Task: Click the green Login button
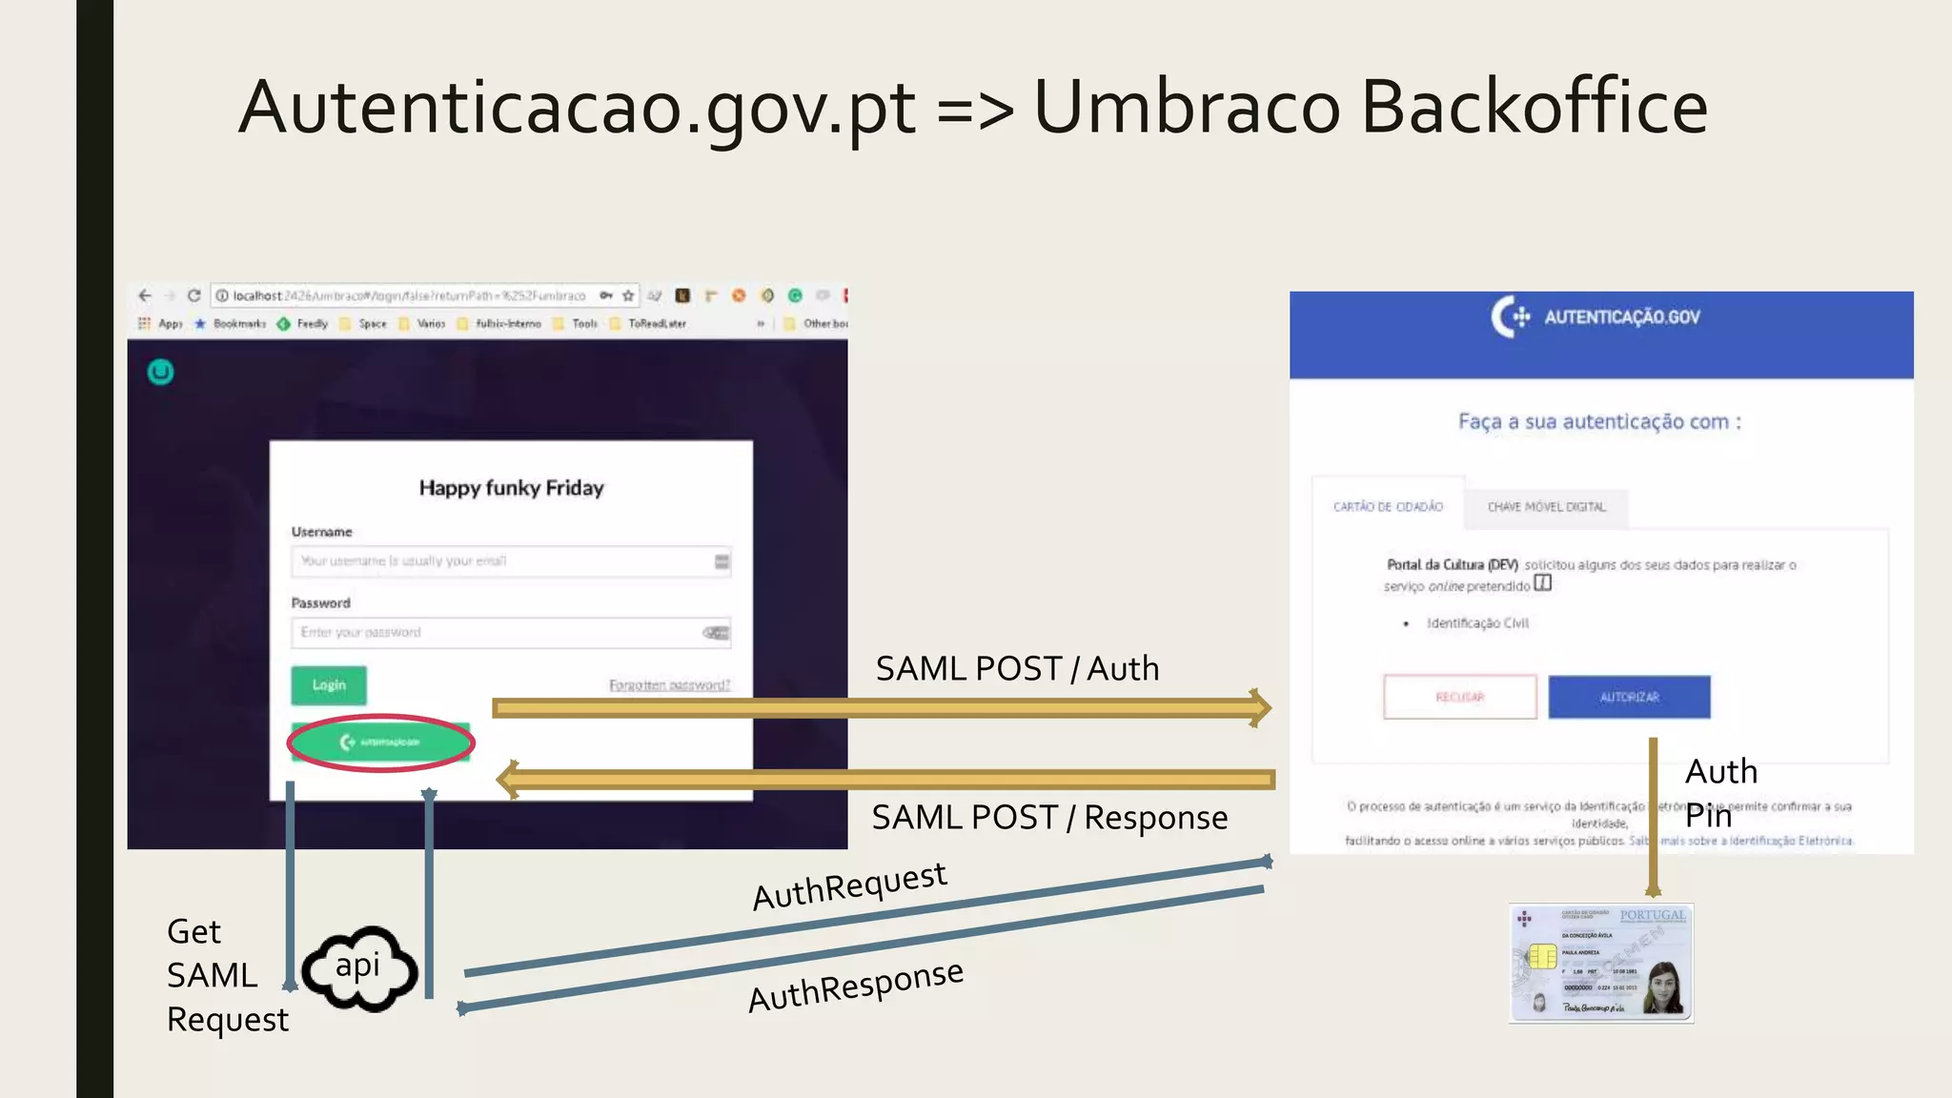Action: tap(328, 685)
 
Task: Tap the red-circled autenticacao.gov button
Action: tap(380, 742)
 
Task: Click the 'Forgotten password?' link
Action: tap(669, 685)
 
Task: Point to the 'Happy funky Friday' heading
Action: tap(511, 488)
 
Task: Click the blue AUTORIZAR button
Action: tap(1629, 697)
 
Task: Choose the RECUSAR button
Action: tap(1459, 697)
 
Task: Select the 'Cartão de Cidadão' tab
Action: tap(1388, 506)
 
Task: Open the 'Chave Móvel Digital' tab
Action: tap(1546, 506)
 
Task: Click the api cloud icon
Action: tap(359, 968)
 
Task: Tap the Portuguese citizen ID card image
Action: tap(1601, 964)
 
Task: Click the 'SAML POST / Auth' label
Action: tap(1017, 669)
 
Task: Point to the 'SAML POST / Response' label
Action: tap(1049, 818)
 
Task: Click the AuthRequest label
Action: tap(849, 886)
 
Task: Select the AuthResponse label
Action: tap(856, 986)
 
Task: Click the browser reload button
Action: tap(193, 295)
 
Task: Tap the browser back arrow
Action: tap(145, 295)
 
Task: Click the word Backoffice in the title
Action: tap(1534, 107)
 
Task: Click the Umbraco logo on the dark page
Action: tap(160, 372)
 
